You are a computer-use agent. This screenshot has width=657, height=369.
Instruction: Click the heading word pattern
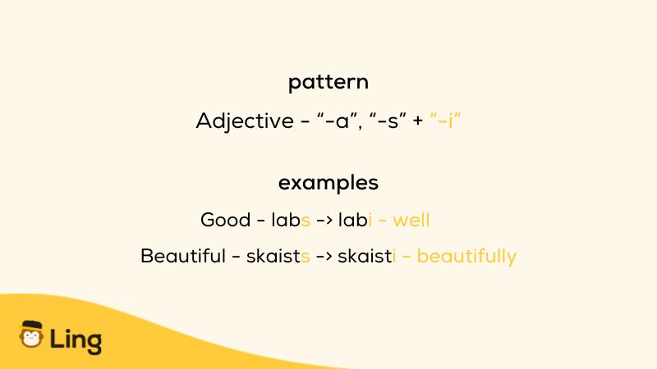click(328, 82)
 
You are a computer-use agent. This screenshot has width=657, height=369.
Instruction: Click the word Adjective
click(245, 121)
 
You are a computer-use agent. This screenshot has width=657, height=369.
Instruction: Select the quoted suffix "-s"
click(388, 121)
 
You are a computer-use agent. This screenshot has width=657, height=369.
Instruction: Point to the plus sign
click(418, 121)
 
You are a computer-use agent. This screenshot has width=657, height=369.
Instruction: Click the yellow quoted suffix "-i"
click(445, 120)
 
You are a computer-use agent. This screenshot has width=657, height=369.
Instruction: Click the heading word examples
click(328, 183)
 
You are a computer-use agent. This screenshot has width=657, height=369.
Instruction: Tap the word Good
click(225, 220)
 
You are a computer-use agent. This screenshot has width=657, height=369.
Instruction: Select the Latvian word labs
click(291, 220)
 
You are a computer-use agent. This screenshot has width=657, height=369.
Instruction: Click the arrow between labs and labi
click(324, 220)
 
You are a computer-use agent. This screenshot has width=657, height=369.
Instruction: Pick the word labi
click(355, 220)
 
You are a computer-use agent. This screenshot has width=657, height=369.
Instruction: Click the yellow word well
click(411, 220)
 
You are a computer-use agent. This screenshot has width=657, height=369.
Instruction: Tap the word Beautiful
click(183, 256)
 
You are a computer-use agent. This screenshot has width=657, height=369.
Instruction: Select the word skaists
click(278, 256)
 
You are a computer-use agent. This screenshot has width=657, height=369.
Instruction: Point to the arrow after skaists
click(324, 256)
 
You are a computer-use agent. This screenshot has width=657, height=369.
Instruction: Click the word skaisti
click(366, 256)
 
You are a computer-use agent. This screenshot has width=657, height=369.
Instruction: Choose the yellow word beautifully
click(466, 257)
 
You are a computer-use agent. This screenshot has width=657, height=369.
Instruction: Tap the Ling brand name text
click(76, 339)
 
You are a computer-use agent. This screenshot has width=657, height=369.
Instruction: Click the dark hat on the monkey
click(32, 325)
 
